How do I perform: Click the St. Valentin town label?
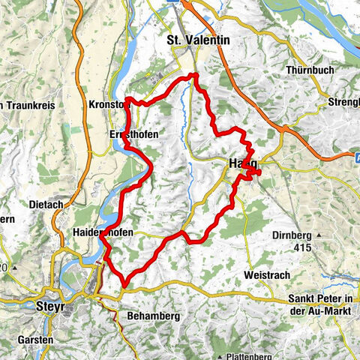click(x=198, y=40)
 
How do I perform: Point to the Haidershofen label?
click(x=103, y=233)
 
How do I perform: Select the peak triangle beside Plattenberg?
click(x=222, y=354)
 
